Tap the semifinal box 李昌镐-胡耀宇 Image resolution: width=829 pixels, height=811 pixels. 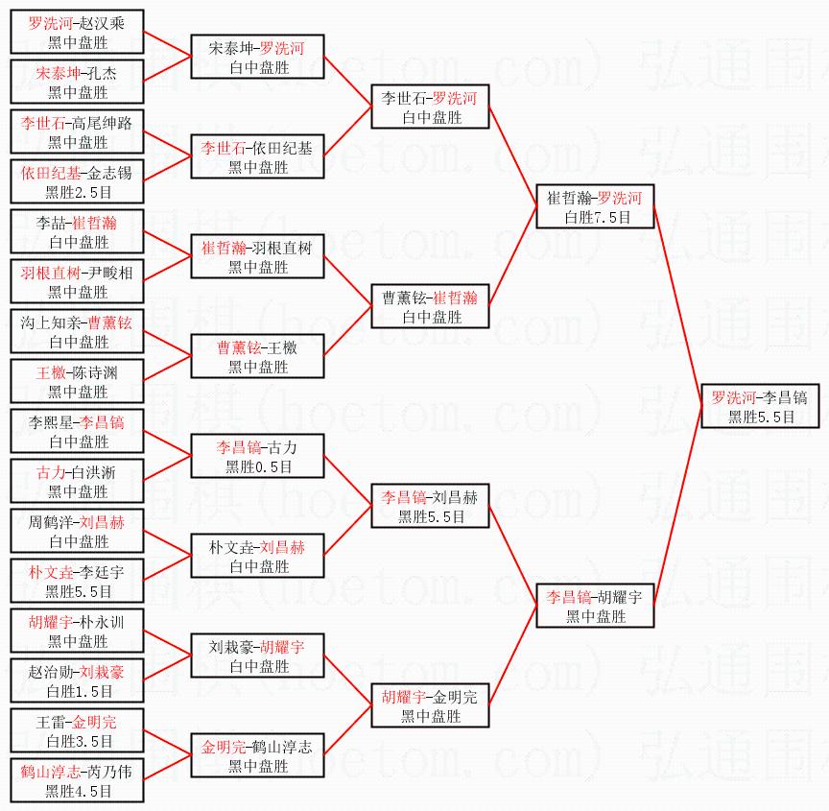coord(596,606)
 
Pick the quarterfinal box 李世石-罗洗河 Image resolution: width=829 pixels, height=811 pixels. coord(431,107)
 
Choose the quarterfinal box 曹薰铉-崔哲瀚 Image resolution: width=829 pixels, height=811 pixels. coord(431,306)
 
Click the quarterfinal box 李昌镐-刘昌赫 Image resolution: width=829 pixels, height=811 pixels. coord(431,506)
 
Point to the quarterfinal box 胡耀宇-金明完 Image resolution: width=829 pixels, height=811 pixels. coord(431,705)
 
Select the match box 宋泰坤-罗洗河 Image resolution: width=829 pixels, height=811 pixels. coord(258,57)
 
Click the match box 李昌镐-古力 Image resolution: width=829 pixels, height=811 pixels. coord(258,456)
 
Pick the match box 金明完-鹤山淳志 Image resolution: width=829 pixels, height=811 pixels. coord(258,755)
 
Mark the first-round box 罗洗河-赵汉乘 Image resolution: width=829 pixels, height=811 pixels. coord(78,32)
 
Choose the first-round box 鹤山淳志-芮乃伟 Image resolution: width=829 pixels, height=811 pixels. coord(78,780)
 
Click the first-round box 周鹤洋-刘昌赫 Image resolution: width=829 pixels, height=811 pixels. coord(78,531)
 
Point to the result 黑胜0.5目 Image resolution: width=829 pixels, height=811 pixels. coord(258,467)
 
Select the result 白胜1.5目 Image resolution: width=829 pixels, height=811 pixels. coord(78,692)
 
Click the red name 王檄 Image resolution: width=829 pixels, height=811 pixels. coord(53,371)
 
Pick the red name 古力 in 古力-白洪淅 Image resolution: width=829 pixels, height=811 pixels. coord(50,471)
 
